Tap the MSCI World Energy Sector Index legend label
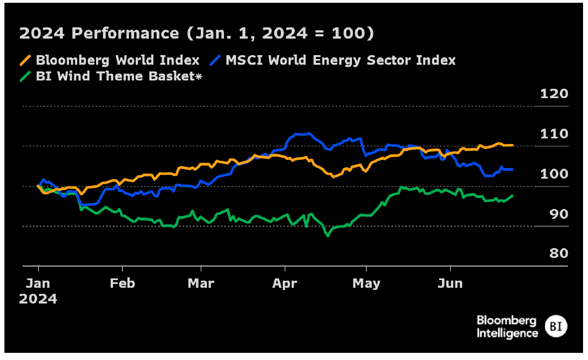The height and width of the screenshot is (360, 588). pos(341,60)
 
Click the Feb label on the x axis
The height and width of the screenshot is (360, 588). pos(122,283)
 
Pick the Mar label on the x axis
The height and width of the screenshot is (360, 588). pos(201,283)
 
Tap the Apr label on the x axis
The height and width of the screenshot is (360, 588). pos(285,283)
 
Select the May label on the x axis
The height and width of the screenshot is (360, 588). pos(366,283)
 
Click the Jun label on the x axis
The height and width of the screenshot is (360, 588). pos(450,283)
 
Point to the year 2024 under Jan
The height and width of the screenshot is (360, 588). pos(38,299)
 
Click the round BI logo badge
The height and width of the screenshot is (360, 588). pos(555,326)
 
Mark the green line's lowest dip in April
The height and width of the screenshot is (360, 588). pos(328,235)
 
